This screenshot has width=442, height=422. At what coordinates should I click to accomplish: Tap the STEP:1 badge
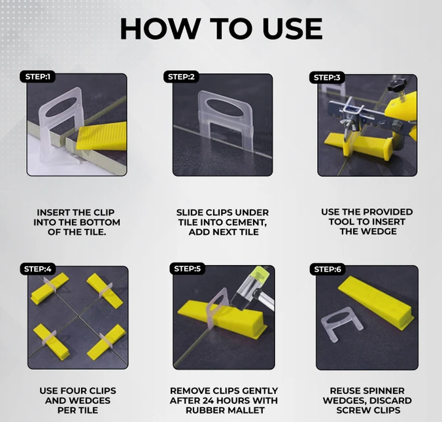click(x=37, y=77)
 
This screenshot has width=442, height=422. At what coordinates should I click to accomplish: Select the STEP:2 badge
click(x=181, y=77)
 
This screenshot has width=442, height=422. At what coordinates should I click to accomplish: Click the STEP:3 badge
click(x=327, y=77)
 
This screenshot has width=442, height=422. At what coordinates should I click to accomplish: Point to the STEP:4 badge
click(x=37, y=268)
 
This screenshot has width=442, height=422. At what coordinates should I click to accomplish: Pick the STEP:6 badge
click(x=327, y=269)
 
